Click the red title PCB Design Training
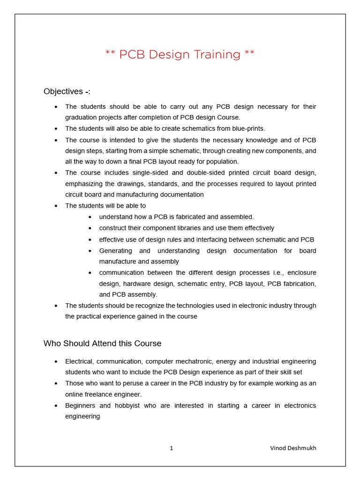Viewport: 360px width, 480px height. pos(180,54)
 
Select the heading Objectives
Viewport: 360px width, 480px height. pos(67,91)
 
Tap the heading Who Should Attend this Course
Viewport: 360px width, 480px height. pos(102,344)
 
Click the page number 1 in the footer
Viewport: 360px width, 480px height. pos(172,448)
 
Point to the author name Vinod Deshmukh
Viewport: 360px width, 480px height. pos(293,448)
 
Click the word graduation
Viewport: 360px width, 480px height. pos(82,118)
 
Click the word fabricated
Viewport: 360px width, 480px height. pos(189,217)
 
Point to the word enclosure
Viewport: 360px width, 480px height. pos(301,272)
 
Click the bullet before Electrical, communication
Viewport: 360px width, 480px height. pos(56,361)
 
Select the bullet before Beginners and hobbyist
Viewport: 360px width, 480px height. pos(56,405)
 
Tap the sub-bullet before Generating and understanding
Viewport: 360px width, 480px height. pos(90,251)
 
